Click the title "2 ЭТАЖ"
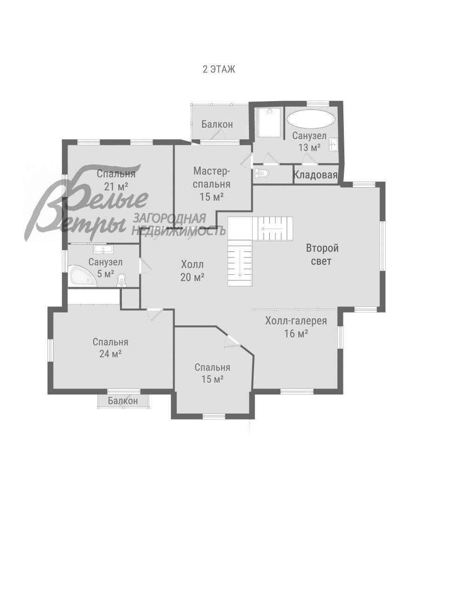219,69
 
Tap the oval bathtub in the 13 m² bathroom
310,118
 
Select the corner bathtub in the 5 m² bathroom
81,277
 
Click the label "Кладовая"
315,175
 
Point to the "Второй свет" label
321,254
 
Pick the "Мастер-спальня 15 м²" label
212,183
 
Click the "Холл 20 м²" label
193,271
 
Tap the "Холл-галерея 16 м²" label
296,326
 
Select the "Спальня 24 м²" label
110,347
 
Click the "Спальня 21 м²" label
116,180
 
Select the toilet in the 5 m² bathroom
121,279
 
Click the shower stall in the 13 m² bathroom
269,122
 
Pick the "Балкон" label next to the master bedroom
217,124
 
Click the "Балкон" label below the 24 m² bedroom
123,401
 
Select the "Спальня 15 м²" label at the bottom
212,373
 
